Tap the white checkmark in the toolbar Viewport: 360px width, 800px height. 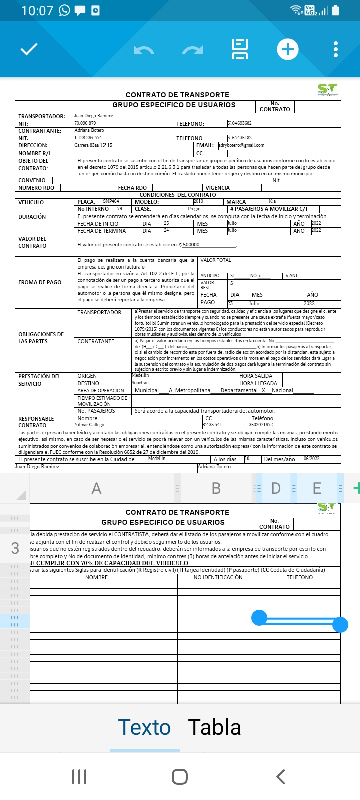[x=29, y=49]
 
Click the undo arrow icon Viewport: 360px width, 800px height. [x=144, y=50]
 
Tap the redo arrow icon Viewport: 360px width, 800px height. [x=192, y=50]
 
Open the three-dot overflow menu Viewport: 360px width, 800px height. [x=335, y=49]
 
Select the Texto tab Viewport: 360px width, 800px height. [x=144, y=727]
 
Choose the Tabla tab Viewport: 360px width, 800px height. [x=214, y=727]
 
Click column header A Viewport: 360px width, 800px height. [x=96, y=488]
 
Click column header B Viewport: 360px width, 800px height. [x=216, y=488]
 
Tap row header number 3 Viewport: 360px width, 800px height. [x=15, y=548]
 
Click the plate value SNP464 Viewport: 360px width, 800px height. [x=111, y=201]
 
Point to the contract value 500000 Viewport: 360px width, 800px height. [x=191, y=245]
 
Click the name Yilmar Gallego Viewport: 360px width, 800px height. [x=90, y=425]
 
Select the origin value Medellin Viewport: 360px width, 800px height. [x=140, y=375]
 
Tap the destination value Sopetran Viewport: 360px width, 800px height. [x=140, y=383]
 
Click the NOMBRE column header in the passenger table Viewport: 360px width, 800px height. [x=96, y=577]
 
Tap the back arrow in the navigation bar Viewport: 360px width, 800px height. [x=280, y=776]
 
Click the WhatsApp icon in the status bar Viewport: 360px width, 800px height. [x=65, y=10]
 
